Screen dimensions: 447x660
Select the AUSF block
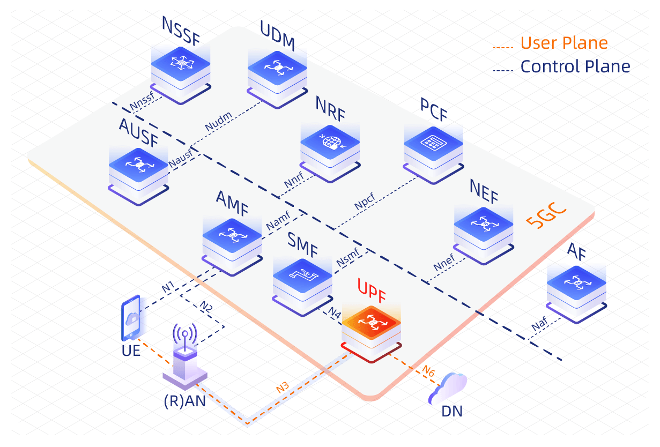[x=138, y=168]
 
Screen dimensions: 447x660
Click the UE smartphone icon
[x=130, y=318]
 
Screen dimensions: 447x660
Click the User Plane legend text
[x=564, y=43]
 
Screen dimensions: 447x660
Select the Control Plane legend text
[x=575, y=66]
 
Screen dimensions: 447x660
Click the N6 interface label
[x=428, y=370]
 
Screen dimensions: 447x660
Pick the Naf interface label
[x=539, y=325]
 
